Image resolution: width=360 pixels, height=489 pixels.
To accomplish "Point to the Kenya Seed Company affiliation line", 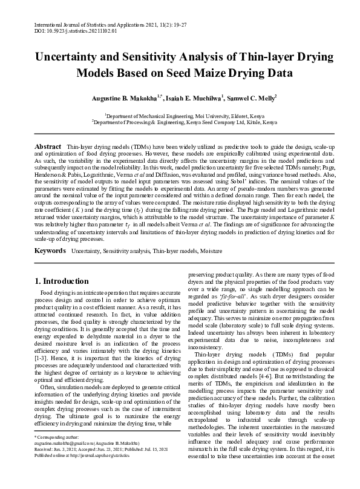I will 184,121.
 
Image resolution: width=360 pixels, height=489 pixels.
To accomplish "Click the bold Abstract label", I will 48,147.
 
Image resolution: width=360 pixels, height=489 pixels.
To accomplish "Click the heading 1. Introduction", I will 62,281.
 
